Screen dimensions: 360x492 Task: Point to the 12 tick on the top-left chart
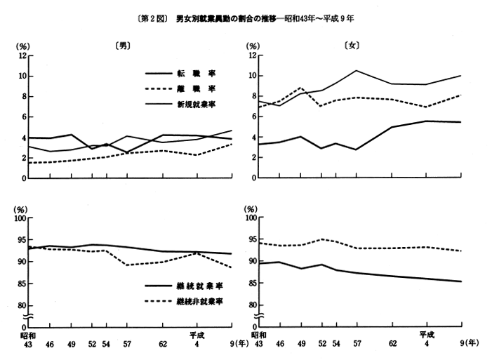[22, 55]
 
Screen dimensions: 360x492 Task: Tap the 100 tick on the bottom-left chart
[20, 218]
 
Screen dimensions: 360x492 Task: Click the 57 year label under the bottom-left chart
[126, 343]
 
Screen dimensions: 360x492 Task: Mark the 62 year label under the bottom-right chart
[392, 343]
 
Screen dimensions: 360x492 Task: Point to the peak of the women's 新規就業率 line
[357, 70]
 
